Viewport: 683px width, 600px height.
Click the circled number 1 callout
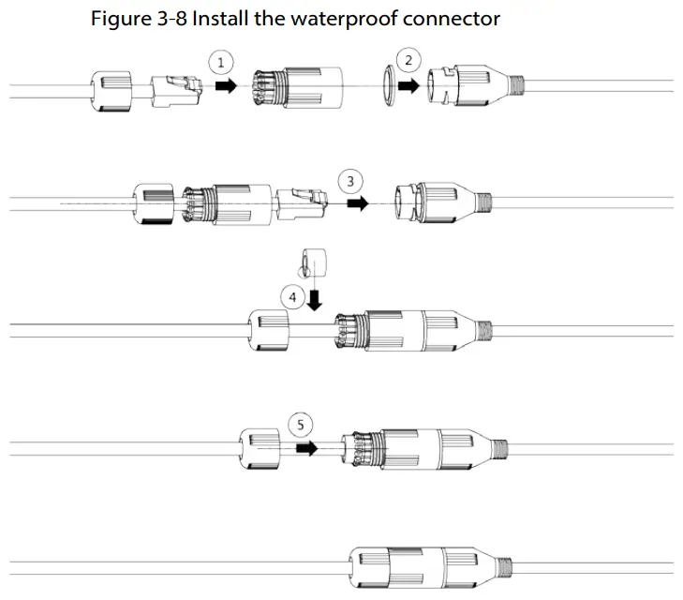221,62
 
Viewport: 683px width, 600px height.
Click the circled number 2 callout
408,61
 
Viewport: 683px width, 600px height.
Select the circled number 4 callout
292,297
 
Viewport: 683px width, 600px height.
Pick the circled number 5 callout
300,424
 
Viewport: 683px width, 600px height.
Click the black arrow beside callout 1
226,85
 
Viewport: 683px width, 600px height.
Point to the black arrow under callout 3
357,202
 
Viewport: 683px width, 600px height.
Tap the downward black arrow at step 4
316,299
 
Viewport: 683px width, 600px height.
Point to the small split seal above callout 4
311,260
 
